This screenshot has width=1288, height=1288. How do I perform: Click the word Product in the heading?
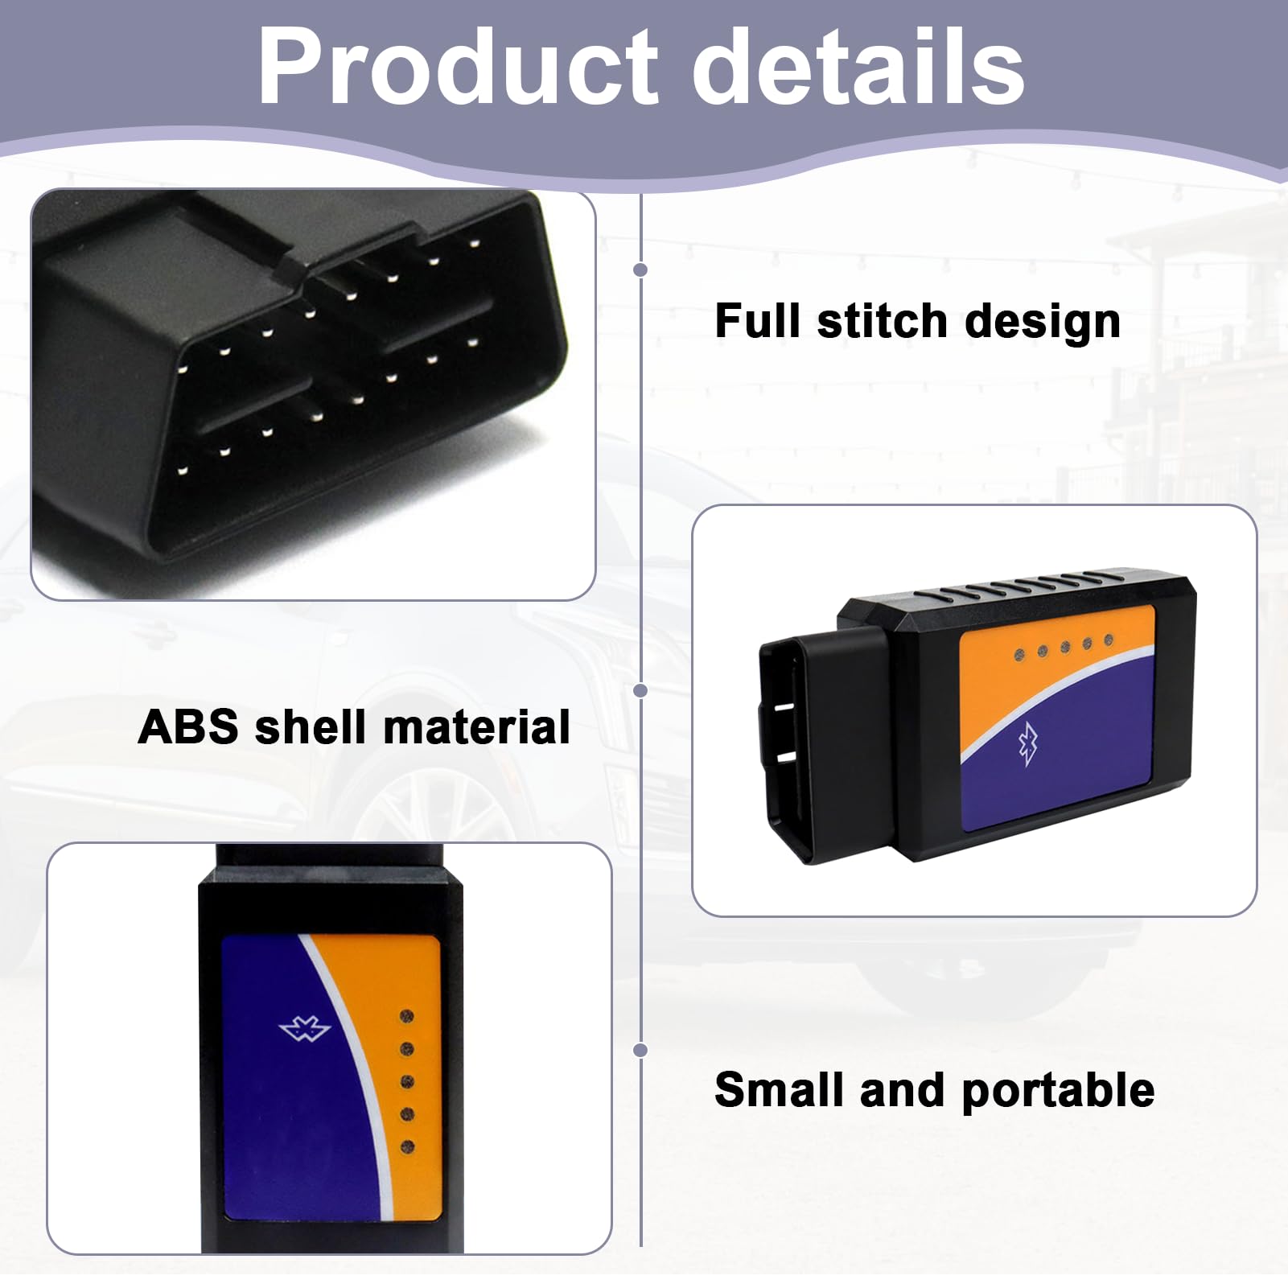(x=458, y=68)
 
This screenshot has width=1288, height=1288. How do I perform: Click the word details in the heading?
(x=858, y=66)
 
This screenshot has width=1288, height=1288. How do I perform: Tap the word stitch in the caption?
(x=883, y=321)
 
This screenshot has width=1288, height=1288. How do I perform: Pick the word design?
(x=1043, y=323)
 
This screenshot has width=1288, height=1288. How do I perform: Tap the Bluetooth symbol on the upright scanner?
(x=305, y=1030)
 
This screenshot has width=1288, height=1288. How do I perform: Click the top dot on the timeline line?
(x=640, y=270)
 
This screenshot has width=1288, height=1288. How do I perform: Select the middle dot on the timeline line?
(x=640, y=690)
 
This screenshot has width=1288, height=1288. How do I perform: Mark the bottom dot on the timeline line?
(x=640, y=1050)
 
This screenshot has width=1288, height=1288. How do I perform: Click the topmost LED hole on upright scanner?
(x=407, y=1017)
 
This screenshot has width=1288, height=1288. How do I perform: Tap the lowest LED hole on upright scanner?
(x=407, y=1146)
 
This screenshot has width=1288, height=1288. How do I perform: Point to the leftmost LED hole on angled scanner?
(x=1020, y=653)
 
